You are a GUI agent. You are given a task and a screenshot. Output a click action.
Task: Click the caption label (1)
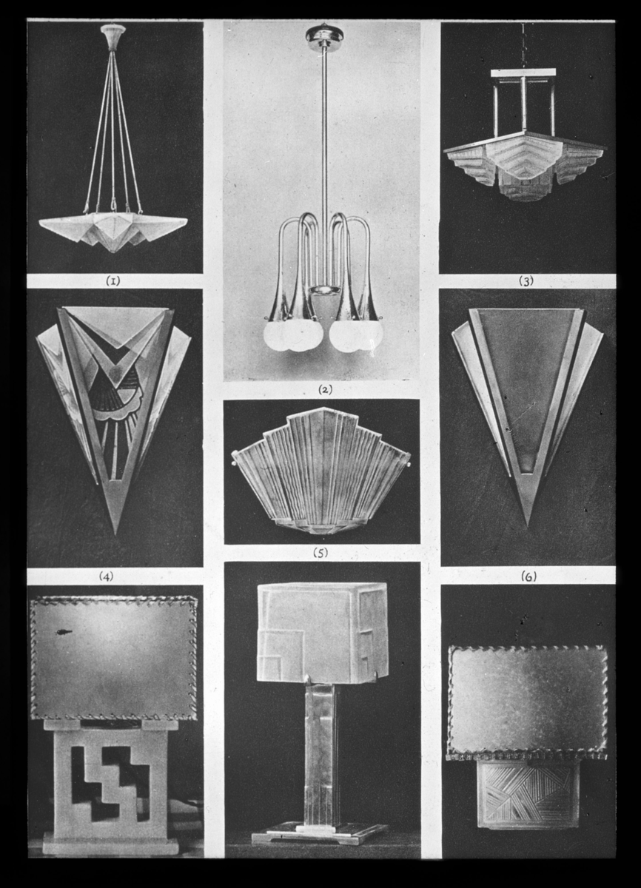113,281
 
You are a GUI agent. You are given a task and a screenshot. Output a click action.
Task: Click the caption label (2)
325,390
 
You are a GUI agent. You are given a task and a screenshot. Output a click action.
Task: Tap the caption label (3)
526,281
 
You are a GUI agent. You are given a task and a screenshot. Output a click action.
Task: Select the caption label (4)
107,576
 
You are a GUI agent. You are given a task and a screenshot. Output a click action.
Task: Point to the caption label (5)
320,553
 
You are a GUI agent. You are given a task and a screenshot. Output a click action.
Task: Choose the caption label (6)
528,577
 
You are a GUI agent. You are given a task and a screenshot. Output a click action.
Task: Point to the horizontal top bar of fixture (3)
523,73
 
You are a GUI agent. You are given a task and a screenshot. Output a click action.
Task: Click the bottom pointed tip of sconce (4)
115,533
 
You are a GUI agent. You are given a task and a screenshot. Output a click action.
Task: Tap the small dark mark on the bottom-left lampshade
64,630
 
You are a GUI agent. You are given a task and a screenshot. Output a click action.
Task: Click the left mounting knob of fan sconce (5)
233,462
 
